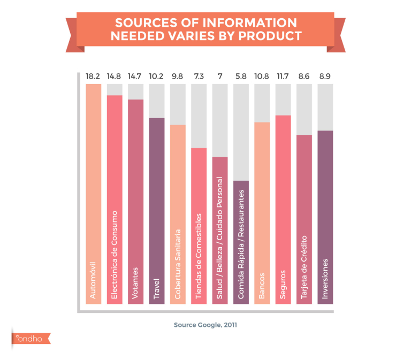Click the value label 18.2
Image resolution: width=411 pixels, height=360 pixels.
(x=93, y=76)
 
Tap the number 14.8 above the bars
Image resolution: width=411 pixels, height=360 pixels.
(x=114, y=76)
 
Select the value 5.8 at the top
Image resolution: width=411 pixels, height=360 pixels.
(x=241, y=76)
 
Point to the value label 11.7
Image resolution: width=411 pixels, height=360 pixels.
(x=283, y=76)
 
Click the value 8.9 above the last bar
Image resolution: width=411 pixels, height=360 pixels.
(x=325, y=76)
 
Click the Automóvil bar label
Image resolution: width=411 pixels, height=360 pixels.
(x=93, y=279)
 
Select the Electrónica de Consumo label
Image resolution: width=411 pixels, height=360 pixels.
(x=114, y=255)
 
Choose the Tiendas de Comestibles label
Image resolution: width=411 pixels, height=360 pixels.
(x=199, y=256)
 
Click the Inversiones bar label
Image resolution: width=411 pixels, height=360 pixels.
(x=325, y=279)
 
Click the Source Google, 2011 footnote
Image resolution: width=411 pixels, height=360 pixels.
(x=205, y=325)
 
